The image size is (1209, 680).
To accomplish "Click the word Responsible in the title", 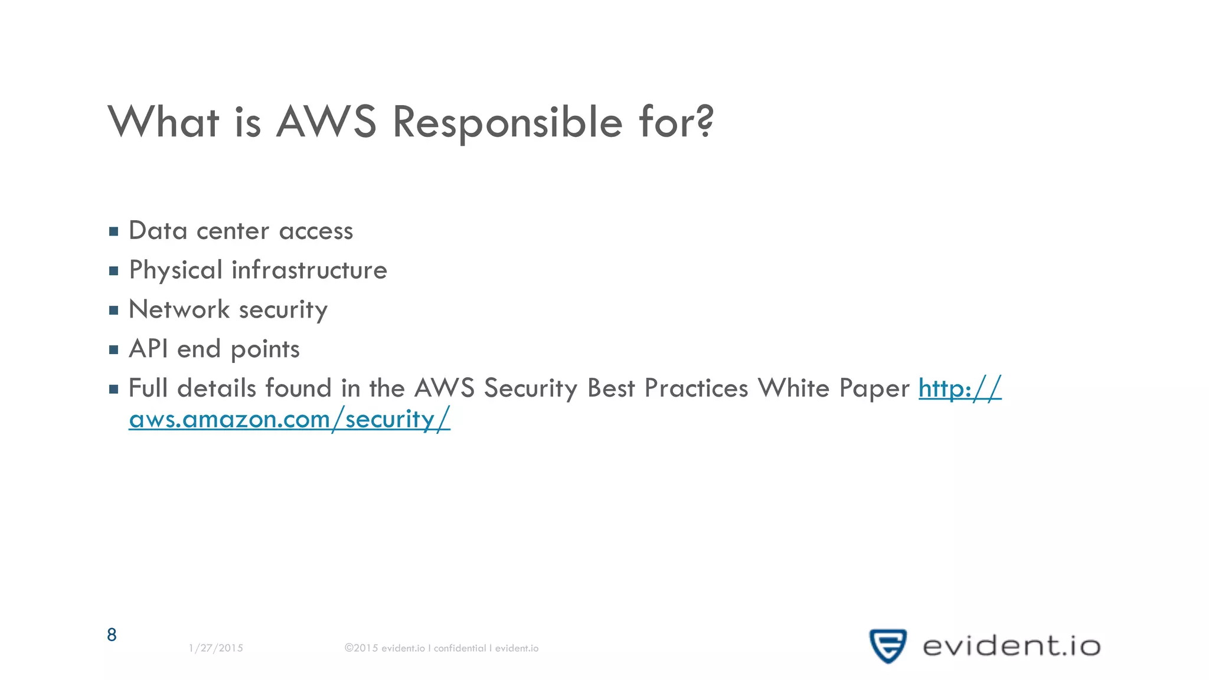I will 508,122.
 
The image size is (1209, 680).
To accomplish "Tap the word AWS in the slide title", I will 326,122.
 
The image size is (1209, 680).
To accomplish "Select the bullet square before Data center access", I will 114,231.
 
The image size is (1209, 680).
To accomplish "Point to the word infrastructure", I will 309,270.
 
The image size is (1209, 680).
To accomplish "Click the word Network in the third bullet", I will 179,309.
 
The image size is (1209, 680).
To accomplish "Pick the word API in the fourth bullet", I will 148,349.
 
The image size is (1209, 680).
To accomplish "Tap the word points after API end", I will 265,349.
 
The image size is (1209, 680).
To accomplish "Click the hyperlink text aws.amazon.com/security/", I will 289,419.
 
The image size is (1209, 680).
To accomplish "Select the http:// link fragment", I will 960,388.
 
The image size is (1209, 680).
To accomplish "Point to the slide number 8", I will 112,635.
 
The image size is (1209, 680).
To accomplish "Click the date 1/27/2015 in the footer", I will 215,648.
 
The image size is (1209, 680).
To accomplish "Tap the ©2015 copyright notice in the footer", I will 442,648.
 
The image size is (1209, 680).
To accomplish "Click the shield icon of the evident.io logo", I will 887,646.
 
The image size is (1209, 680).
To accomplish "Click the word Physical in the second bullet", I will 175,270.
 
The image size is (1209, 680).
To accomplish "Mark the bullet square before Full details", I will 114,389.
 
